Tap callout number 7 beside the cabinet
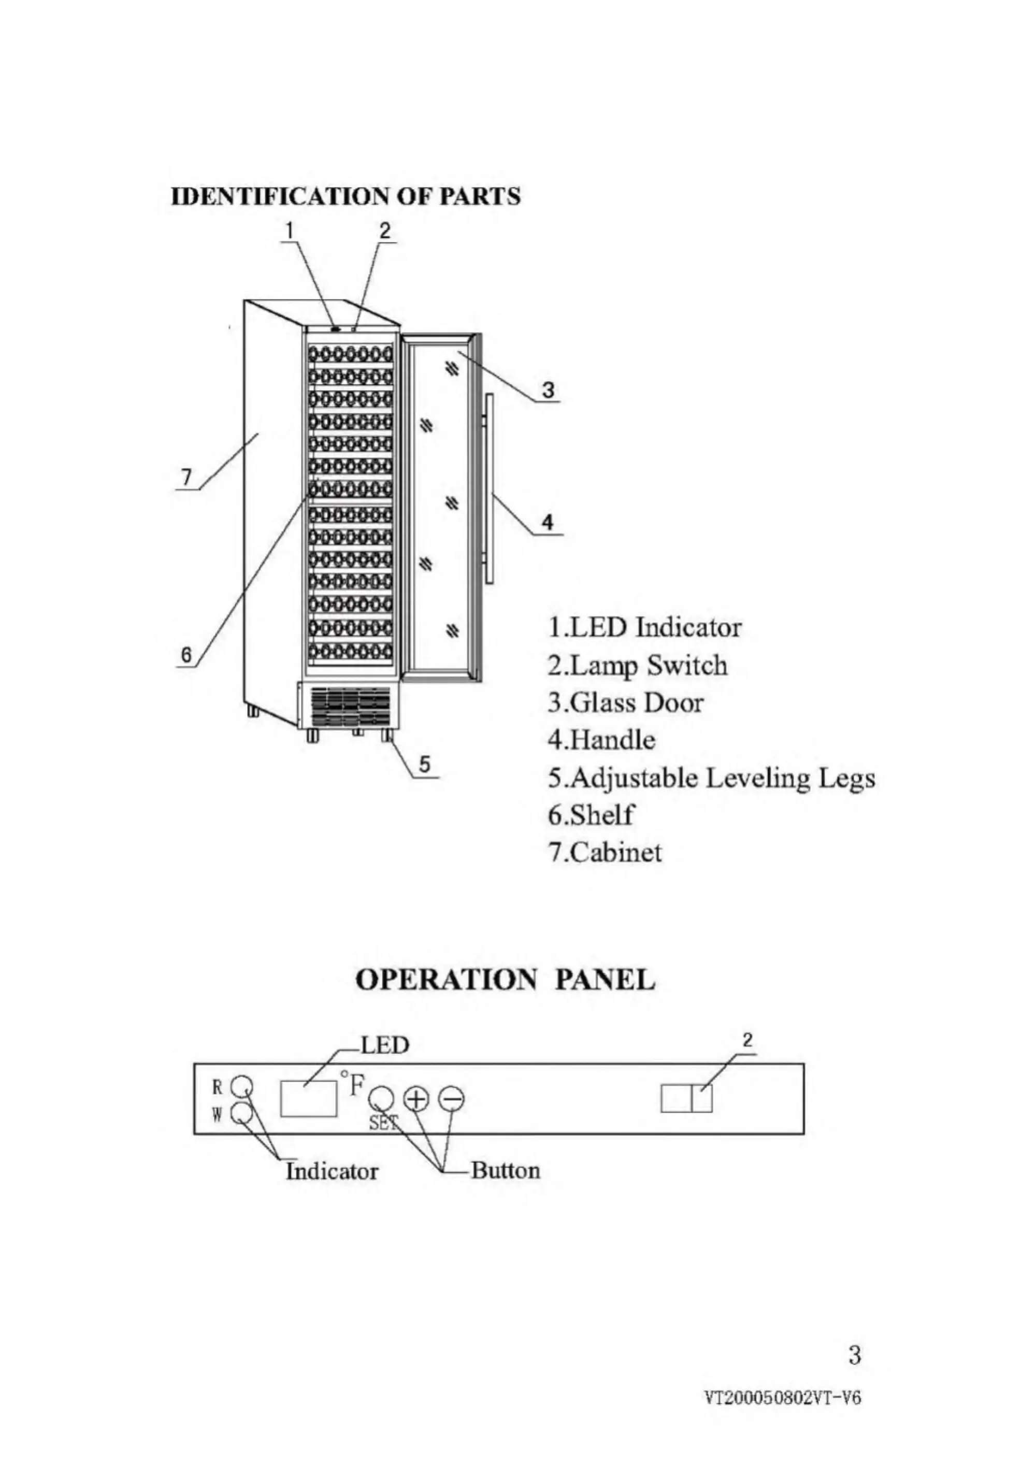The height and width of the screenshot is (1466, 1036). pyautogui.click(x=186, y=477)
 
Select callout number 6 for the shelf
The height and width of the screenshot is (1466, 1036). pyautogui.click(x=186, y=654)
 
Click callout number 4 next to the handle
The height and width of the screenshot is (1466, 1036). pyautogui.click(x=548, y=522)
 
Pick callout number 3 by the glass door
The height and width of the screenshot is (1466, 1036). pyautogui.click(x=548, y=389)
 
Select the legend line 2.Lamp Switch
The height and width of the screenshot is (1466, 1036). pyautogui.click(x=637, y=665)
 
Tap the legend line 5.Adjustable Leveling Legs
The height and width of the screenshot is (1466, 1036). pyautogui.click(x=711, y=779)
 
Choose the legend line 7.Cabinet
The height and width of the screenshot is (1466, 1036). pyautogui.click(x=605, y=852)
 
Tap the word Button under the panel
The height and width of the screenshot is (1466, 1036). pyautogui.click(x=506, y=1170)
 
